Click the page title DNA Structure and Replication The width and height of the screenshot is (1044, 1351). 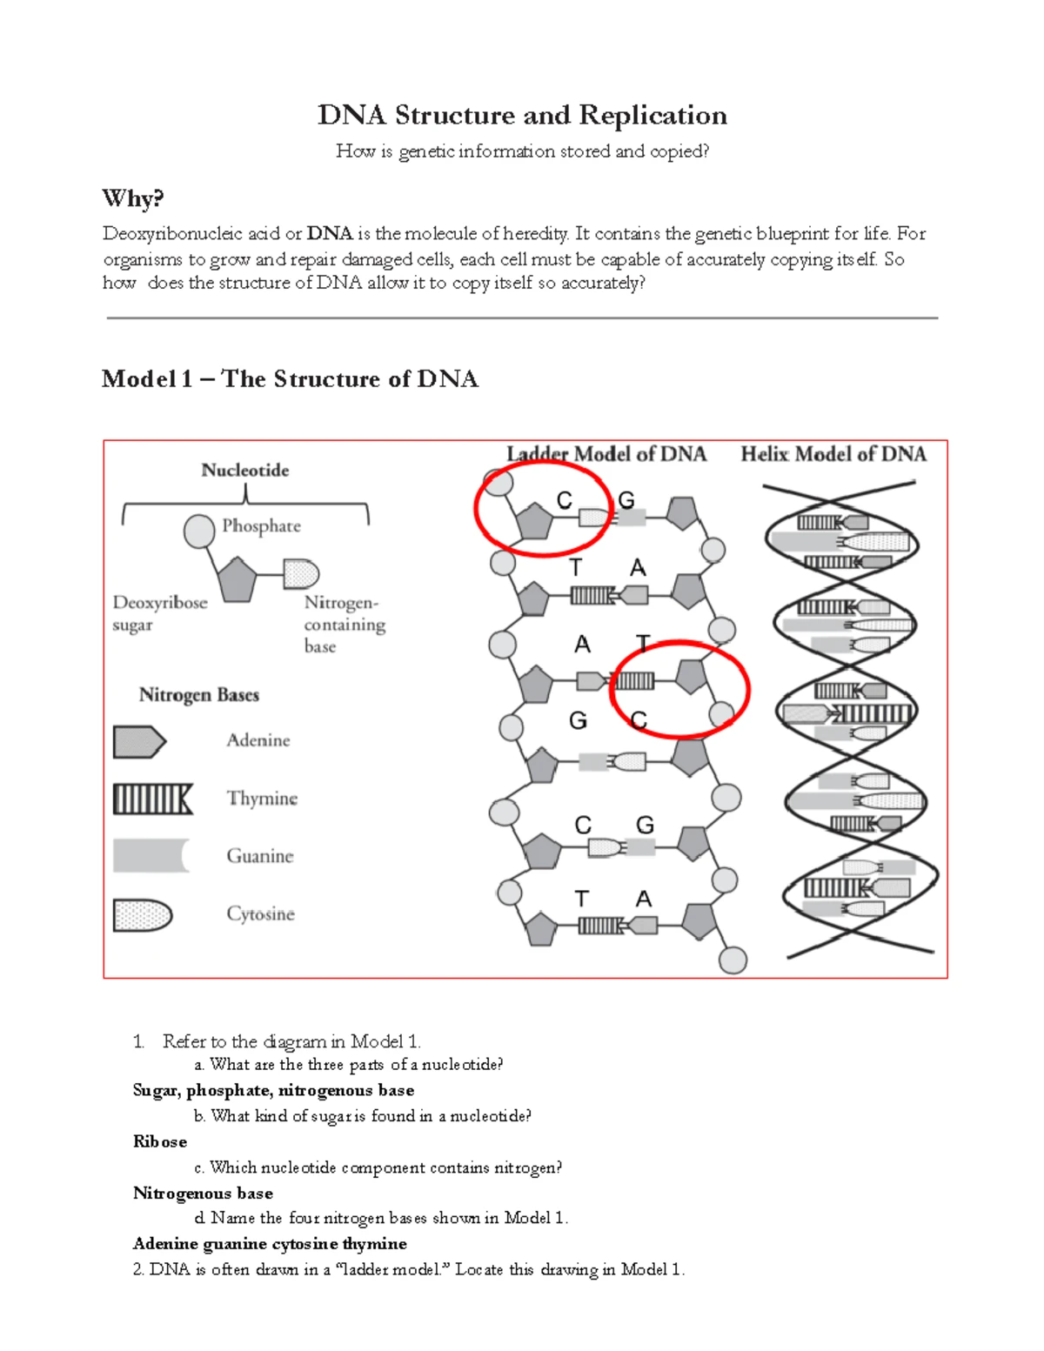point(522,116)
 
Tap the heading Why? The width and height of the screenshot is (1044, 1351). point(132,198)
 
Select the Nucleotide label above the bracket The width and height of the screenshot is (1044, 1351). point(244,471)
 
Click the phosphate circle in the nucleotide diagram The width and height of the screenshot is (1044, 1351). point(199,531)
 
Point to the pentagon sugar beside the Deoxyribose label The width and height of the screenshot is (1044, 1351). point(237,580)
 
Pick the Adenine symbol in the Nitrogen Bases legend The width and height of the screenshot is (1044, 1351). point(138,741)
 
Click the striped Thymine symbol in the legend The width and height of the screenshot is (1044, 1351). point(152,799)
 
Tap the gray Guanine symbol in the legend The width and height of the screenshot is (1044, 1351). point(150,856)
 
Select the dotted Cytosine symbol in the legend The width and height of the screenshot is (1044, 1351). point(142,914)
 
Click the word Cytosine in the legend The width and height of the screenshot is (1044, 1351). point(260,914)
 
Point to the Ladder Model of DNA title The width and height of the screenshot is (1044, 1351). point(606,454)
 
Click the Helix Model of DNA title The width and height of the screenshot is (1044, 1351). point(833,454)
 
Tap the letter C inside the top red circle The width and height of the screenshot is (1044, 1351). point(564,500)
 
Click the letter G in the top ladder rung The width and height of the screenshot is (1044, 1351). point(626,500)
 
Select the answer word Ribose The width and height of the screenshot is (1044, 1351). point(159,1141)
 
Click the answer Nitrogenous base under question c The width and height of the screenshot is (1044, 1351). point(203,1193)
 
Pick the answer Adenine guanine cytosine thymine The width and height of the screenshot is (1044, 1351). point(270,1243)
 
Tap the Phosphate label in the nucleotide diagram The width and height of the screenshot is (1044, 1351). point(261,526)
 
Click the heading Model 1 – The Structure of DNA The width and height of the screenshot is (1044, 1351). point(290,379)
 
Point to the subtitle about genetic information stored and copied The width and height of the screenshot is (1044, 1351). point(522,151)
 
